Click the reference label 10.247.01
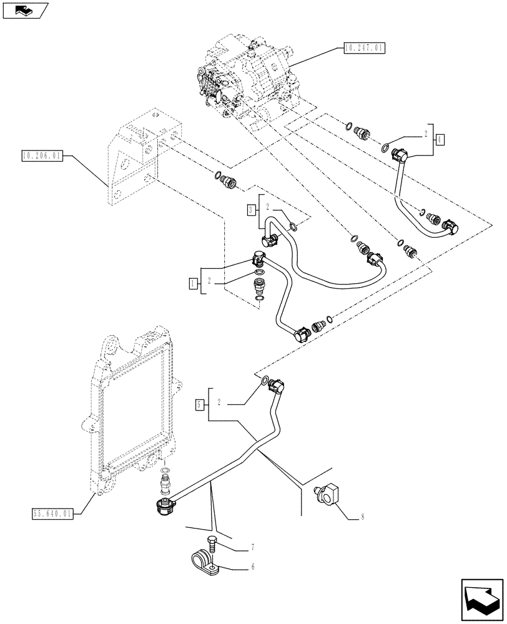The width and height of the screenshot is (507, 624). coord(363,47)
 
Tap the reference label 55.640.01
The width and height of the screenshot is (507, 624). coord(51,513)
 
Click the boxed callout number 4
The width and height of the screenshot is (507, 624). coord(441,139)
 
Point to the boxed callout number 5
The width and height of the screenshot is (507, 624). coord(199,405)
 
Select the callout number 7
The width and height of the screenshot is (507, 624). coord(253,547)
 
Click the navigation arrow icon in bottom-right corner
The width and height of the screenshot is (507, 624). coord(482,600)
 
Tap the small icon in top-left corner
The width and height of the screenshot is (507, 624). coord(25,10)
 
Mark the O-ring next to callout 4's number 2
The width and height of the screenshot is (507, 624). coord(387,149)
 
